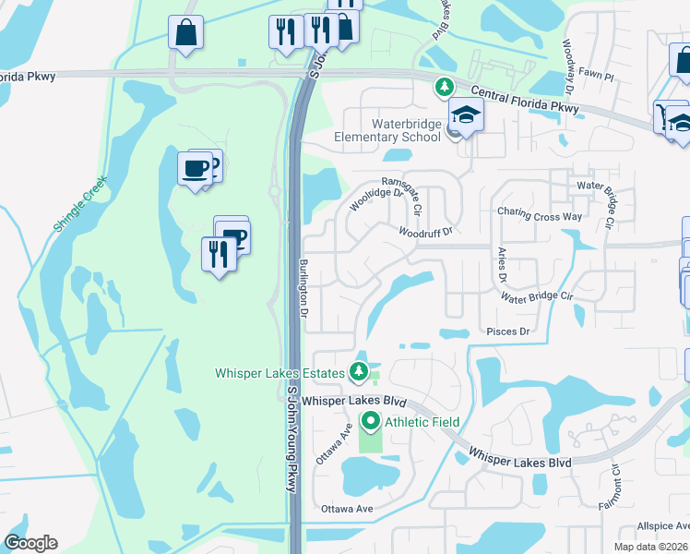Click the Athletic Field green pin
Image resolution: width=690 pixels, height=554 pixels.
pyautogui.click(x=371, y=422)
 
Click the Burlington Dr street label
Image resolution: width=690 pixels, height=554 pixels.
pyautogui.click(x=303, y=288)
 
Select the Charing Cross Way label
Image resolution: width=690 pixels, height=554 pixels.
pyautogui.click(x=540, y=214)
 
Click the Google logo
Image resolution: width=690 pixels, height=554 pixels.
pyautogui.click(x=30, y=543)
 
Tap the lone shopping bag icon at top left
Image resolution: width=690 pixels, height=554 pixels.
pyautogui.click(x=185, y=35)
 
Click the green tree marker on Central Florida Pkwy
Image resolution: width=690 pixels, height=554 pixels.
pyautogui.click(x=444, y=87)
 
